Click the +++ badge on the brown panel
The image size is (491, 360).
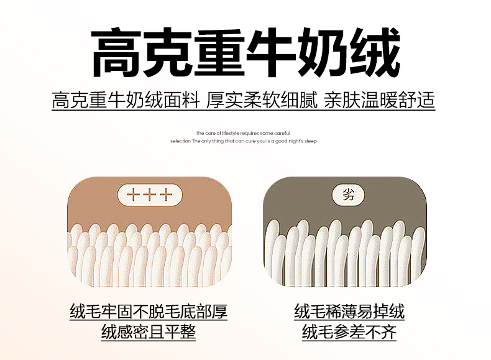pos(150,195)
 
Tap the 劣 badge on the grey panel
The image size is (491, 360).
pos(348,195)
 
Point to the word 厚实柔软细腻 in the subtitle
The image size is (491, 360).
pos(262,100)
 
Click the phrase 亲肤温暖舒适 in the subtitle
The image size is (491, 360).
pos(379,100)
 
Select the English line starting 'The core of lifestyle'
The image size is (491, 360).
pos(243,133)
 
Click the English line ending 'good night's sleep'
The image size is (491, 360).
pos(243,141)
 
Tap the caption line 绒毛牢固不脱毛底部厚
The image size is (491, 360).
pos(149,312)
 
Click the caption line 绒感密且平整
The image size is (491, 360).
pos(149,332)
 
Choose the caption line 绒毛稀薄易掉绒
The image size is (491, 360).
pos(349,312)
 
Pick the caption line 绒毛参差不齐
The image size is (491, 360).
pos(349,332)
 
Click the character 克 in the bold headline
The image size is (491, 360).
pos(168,52)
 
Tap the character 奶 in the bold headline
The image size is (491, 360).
pos(323,52)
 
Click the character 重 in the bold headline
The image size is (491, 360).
pos(219,52)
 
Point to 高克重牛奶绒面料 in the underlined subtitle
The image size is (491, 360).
pos(126,100)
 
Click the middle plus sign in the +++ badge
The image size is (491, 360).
pos(150,195)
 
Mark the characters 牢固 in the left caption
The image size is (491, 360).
pos(117,312)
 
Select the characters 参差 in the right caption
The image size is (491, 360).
pos(349,332)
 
